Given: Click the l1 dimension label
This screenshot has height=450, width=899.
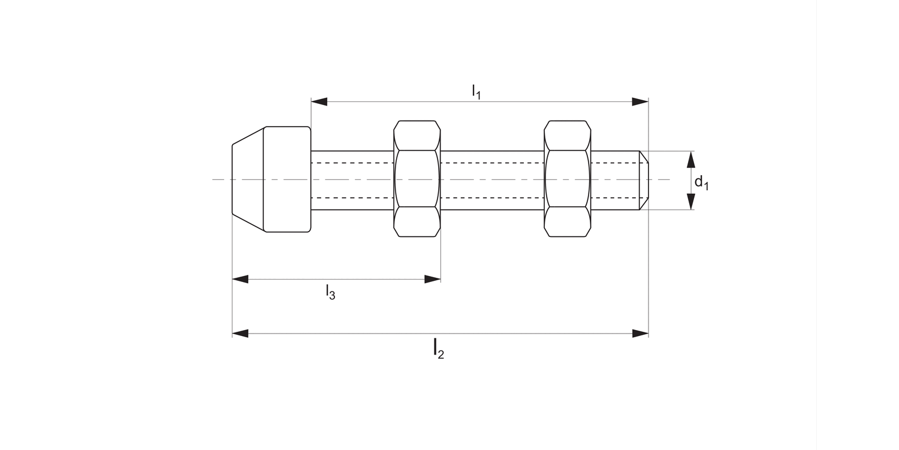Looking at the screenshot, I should click(x=476, y=91).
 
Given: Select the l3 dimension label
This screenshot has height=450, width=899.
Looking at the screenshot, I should click(x=330, y=292).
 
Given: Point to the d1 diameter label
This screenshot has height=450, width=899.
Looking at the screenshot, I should click(x=701, y=182).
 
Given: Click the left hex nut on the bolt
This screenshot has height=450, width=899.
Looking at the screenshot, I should click(x=417, y=179).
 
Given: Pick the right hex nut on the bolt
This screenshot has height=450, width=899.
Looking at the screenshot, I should click(x=567, y=179).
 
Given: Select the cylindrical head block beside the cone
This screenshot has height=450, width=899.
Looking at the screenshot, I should click(x=287, y=179).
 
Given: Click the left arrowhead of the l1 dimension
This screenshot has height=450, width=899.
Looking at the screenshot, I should click(x=319, y=101).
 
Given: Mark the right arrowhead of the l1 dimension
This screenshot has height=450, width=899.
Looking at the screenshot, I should click(x=641, y=101).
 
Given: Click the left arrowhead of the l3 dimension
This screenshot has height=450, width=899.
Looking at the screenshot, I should click(x=240, y=279).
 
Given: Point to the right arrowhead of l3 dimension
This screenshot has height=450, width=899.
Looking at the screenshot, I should click(x=433, y=279).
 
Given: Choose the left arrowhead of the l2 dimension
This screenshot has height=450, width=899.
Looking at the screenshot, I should click(x=240, y=333).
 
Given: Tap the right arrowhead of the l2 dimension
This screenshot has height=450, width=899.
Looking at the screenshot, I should click(x=641, y=333).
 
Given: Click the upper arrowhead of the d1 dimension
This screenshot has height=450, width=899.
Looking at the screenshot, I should click(x=690, y=160).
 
